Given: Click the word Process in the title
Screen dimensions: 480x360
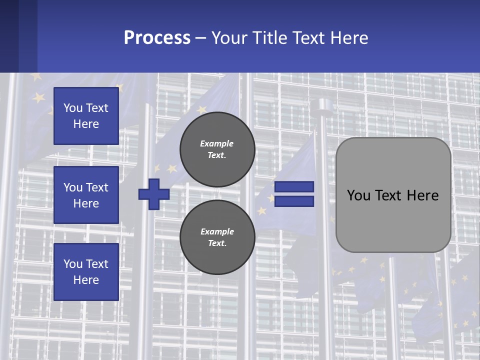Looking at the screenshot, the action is (x=157, y=37).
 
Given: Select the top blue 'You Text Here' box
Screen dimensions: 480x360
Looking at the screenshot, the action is (x=86, y=116).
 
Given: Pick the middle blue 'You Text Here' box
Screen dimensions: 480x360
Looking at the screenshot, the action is (x=86, y=195).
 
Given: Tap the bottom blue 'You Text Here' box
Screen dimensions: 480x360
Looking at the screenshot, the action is (x=86, y=272).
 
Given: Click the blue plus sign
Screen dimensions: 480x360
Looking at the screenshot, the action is (x=154, y=194).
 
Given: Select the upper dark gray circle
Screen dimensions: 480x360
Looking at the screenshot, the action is (x=217, y=149).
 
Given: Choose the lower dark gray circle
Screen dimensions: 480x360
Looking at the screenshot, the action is (x=217, y=237).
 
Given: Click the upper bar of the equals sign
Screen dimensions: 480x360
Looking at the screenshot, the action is (x=294, y=186).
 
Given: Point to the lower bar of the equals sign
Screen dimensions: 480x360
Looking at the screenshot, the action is (x=294, y=201).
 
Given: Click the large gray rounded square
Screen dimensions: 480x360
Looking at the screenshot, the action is (x=393, y=195).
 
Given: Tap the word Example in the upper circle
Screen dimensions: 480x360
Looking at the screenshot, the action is (x=216, y=143).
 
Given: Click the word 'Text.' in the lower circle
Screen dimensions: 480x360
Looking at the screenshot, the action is (x=217, y=243).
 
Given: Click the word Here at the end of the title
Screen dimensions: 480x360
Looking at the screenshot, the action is (x=349, y=37).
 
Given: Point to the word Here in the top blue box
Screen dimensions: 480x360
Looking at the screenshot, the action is (x=86, y=124).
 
